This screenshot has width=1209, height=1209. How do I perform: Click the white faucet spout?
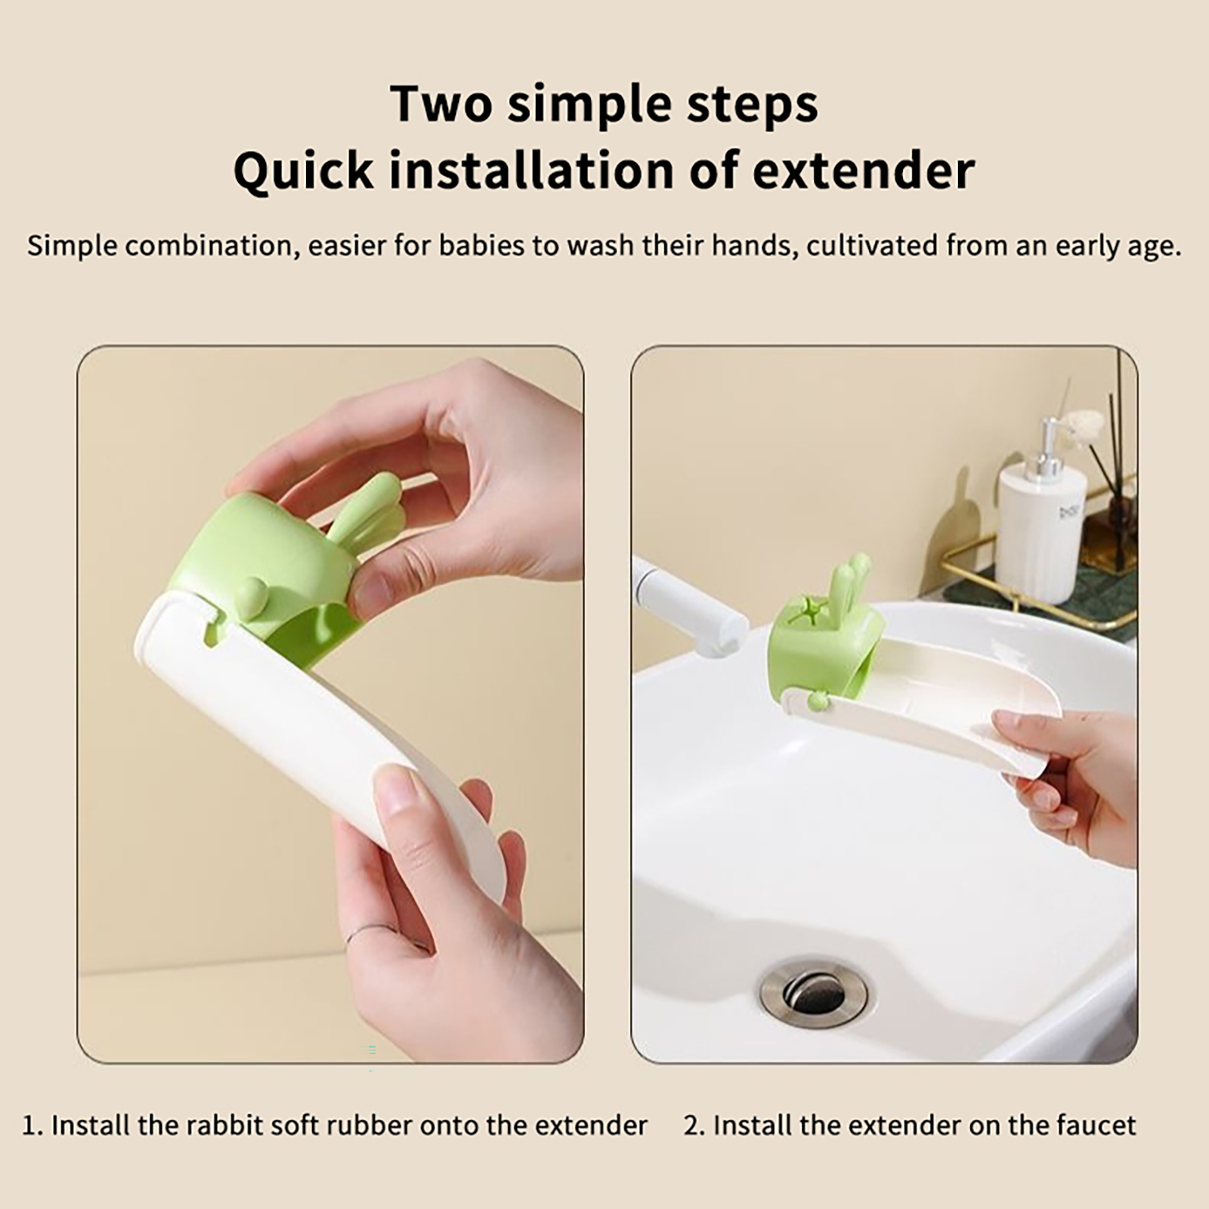pyautogui.click(x=688, y=604)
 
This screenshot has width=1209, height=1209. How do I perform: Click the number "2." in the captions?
pyautogui.click(x=694, y=1125)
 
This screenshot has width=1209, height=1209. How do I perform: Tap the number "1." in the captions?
pyautogui.click(x=32, y=1125)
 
